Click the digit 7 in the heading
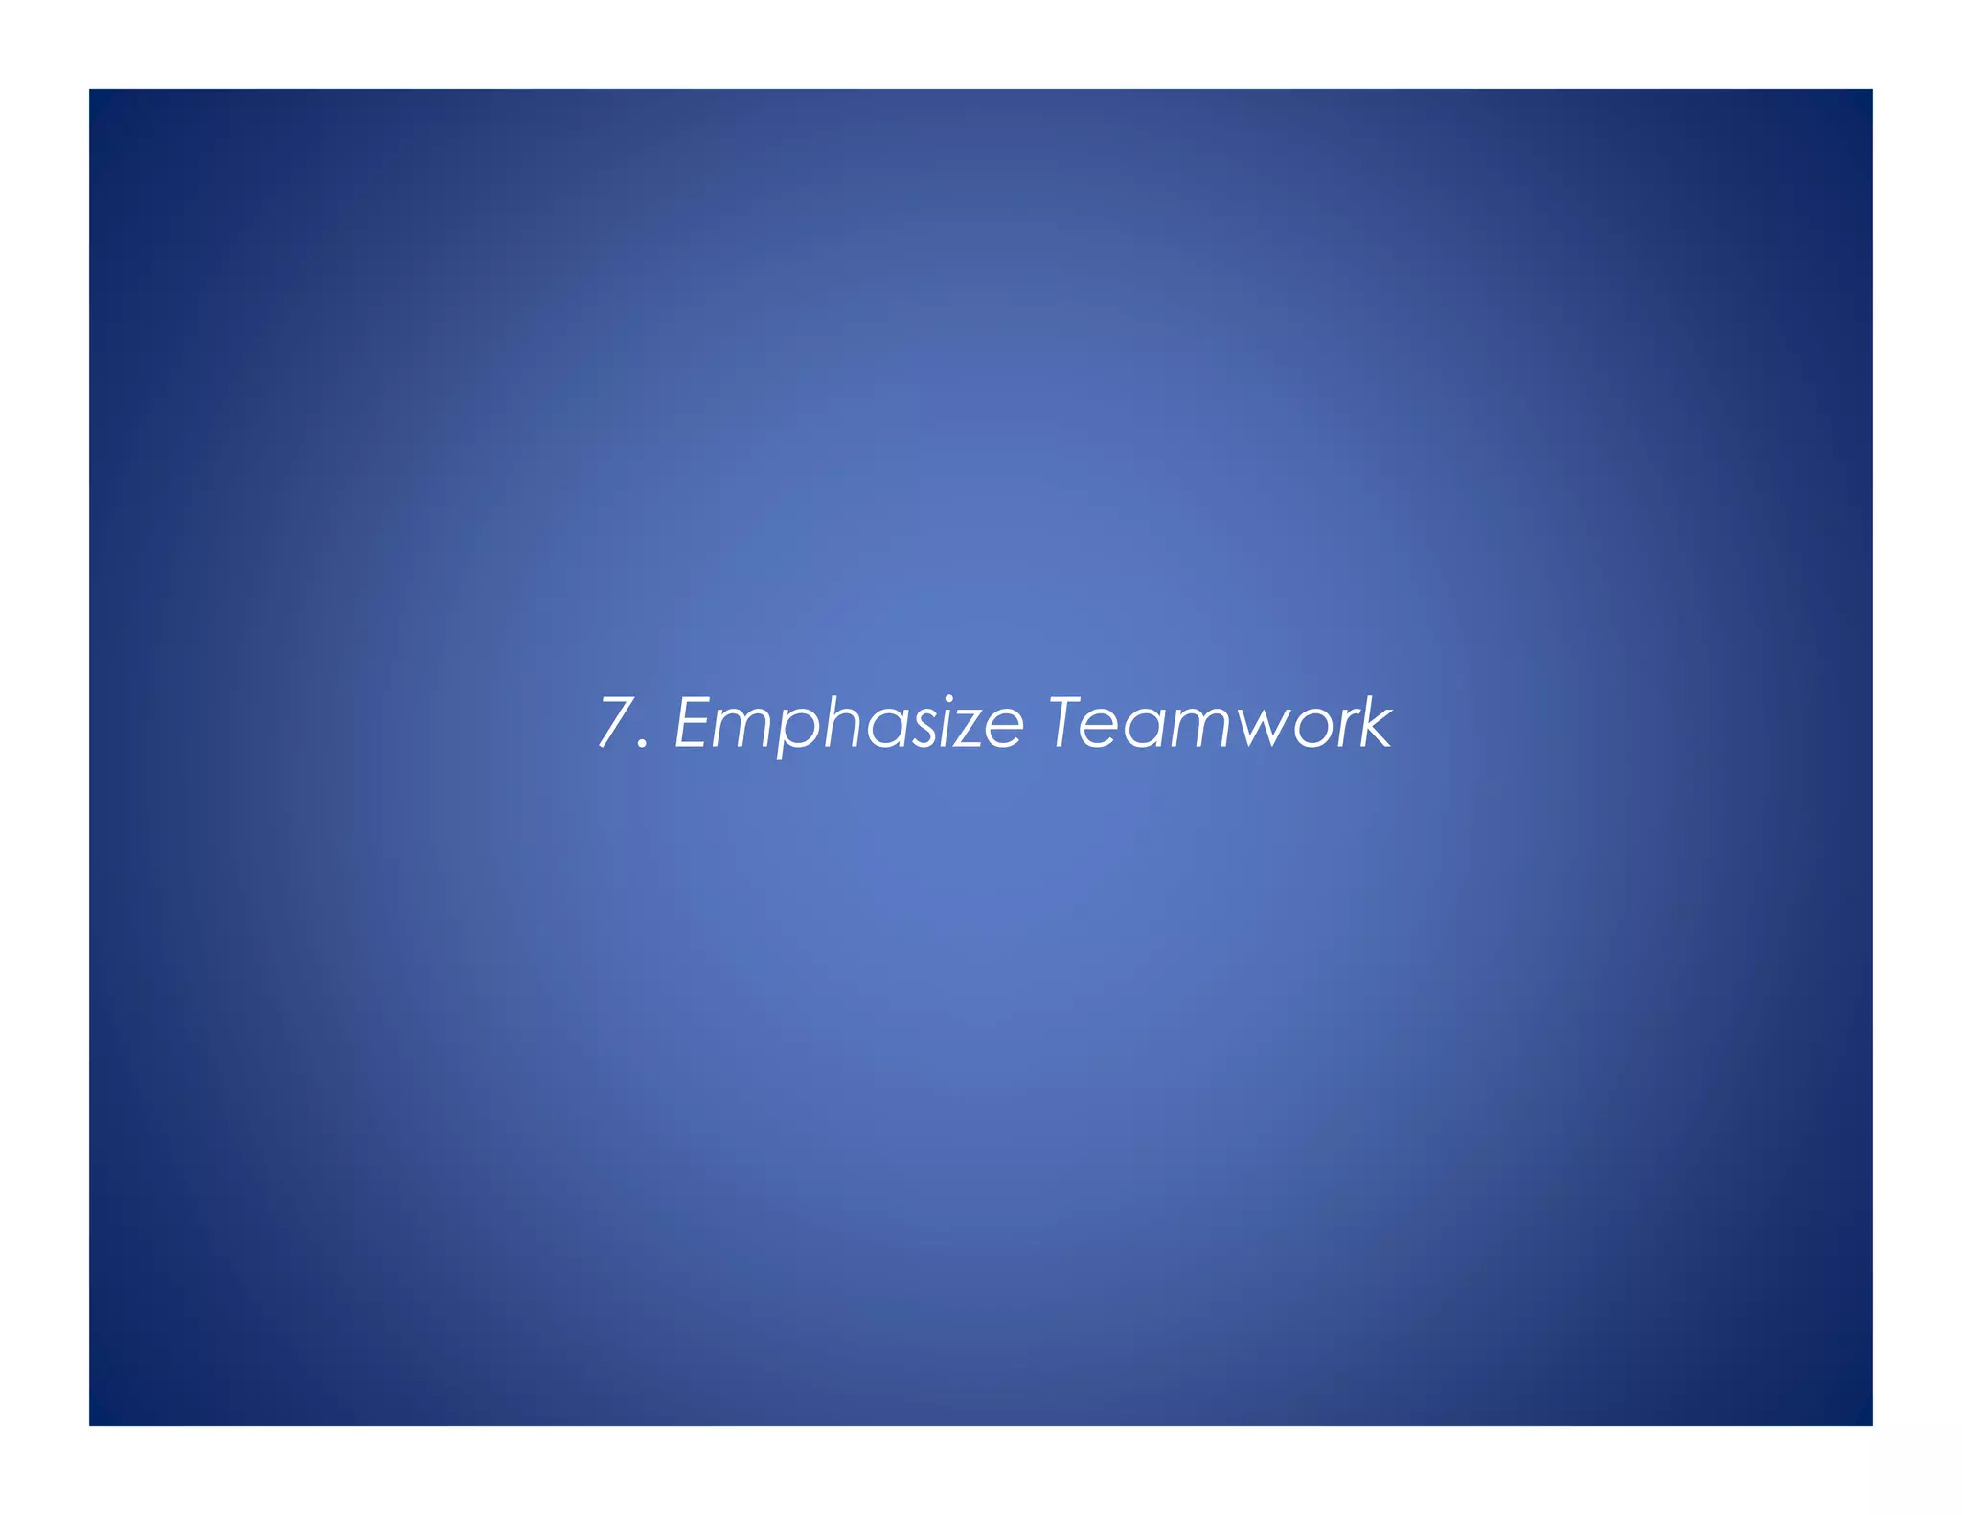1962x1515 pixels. pos(616,722)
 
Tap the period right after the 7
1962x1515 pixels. pos(644,745)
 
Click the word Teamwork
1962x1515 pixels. pos(1219,722)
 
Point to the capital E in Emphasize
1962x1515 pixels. pos(696,722)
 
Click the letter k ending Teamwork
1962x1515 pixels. pos(1375,722)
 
